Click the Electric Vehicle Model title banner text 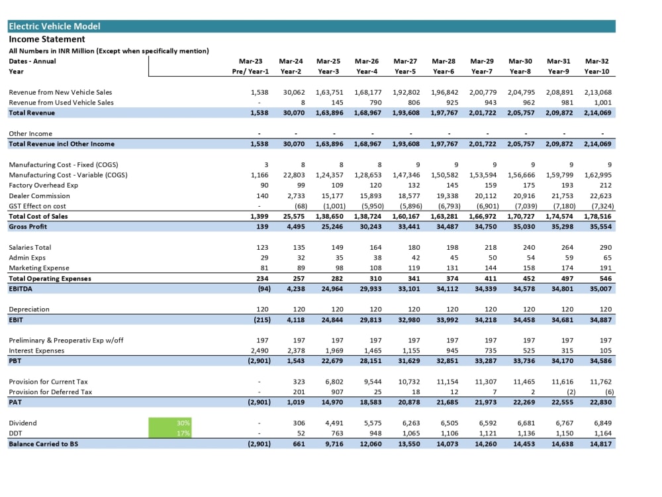tap(54, 27)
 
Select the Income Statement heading tap(47, 39)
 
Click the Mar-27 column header tap(405, 61)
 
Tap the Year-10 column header tap(596, 72)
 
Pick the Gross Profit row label tap(28, 227)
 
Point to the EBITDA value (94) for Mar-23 tap(264, 289)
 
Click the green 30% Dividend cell tap(169, 423)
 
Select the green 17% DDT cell tap(169, 433)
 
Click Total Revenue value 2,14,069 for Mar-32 tap(597, 113)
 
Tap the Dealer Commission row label tap(39, 195)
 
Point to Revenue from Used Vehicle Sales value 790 tap(375, 102)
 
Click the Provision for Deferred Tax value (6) tap(609, 392)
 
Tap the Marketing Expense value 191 tap(606, 268)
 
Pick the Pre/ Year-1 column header tap(250, 72)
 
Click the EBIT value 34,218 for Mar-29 tap(485, 320)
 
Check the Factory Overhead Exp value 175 tap(528, 185)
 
